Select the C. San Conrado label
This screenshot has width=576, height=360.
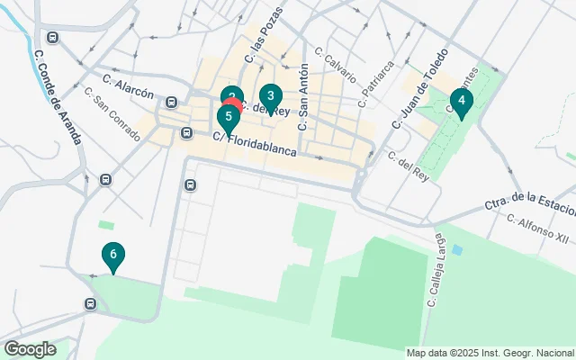pos(112,114)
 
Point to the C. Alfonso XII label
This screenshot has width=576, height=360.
pos(538,229)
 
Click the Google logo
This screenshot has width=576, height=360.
pos(30,348)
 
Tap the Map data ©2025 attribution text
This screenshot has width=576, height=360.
pos(490,353)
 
